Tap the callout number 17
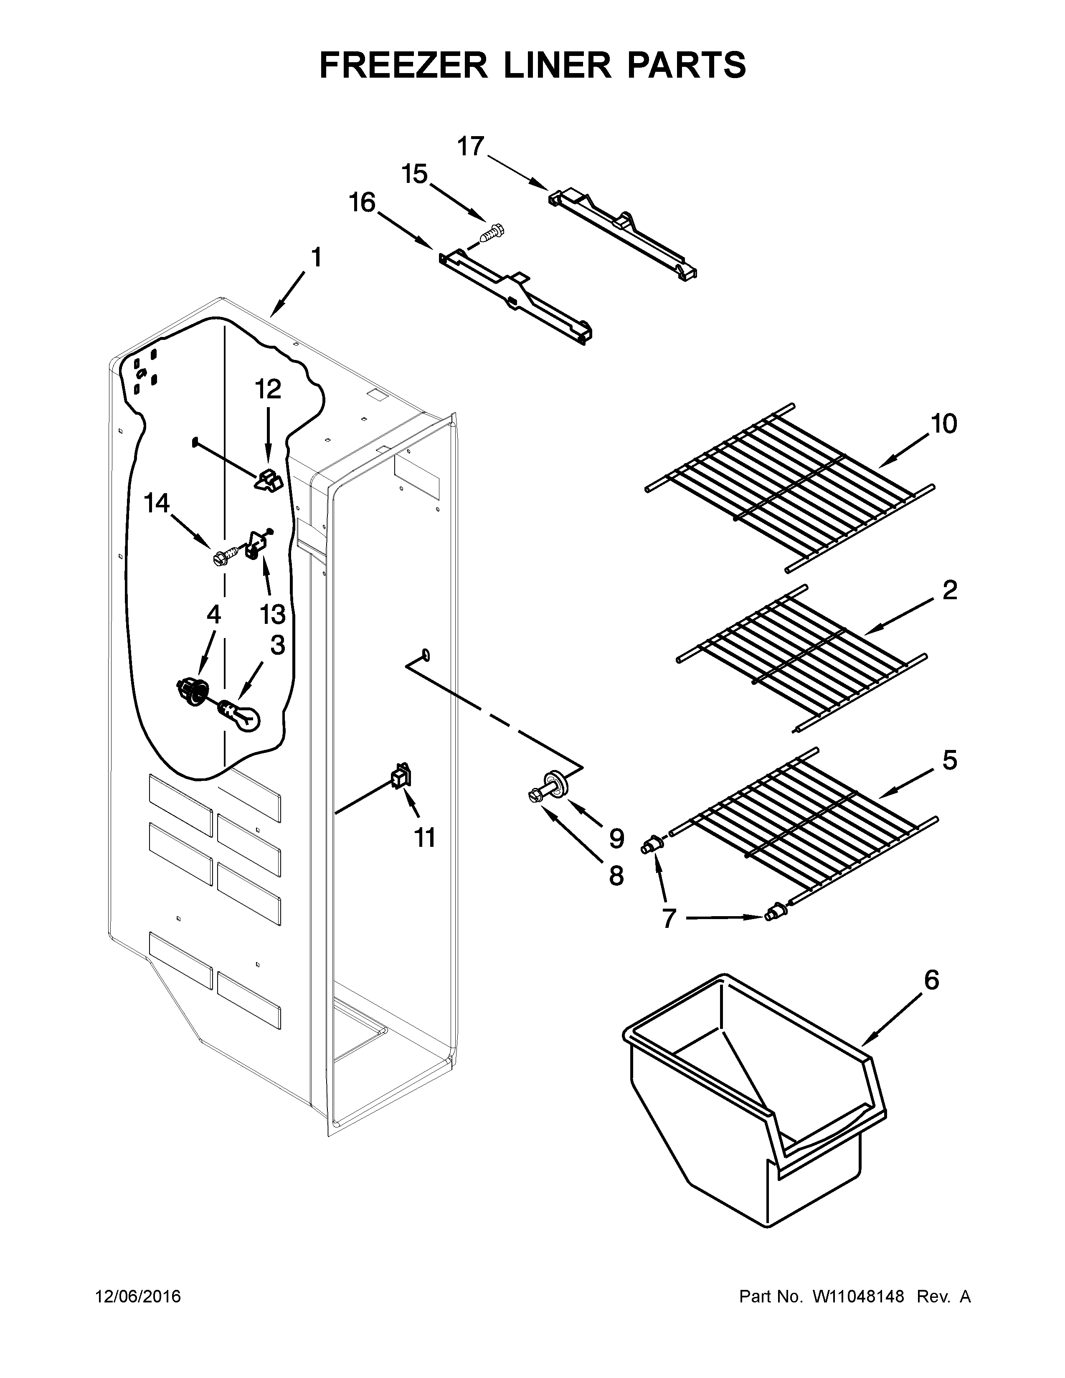(x=471, y=147)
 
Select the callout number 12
(x=268, y=389)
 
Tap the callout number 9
(x=616, y=838)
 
